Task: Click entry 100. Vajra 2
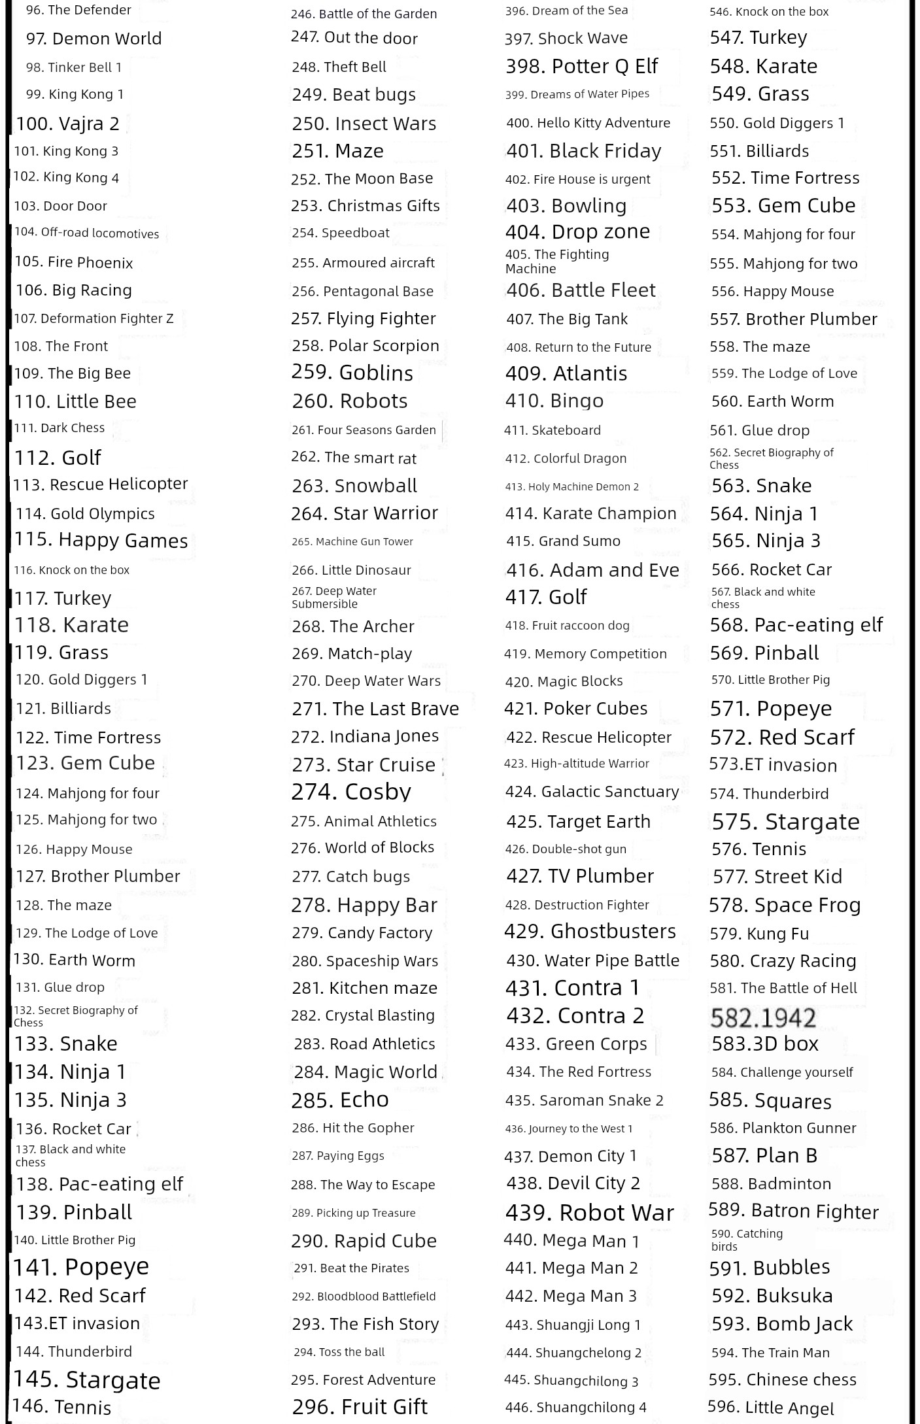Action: pos(68,124)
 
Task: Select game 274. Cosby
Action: pos(351,792)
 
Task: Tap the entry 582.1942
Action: pos(763,1017)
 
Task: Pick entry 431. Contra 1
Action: pos(572,987)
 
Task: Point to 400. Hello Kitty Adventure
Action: pos(588,123)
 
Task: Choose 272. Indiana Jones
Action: pos(365,736)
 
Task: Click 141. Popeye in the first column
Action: pos(81,1267)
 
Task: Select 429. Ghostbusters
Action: pos(590,931)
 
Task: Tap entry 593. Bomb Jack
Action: pos(782,1324)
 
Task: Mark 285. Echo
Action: pos(340,1100)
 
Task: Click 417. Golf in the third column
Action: pos(546,597)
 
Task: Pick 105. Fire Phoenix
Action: pos(74,262)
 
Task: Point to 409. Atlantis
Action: pos(566,373)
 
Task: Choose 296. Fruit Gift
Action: pos(360,1406)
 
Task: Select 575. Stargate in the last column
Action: pos(785,821)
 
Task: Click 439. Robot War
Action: pos(589,1213)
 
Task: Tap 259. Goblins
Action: pos(352,373)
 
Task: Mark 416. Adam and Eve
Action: pos(592,570)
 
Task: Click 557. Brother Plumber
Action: pos(794,319)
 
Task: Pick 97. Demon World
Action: pos(94,39)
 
